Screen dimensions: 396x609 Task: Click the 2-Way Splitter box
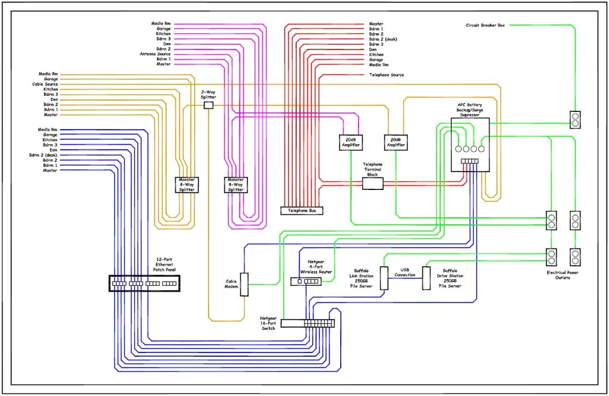pyautogui.click(x=208, y=105)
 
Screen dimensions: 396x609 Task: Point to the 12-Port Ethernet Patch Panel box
pyautogui.click(x=145, y=283)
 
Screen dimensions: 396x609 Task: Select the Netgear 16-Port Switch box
pyautogui.click(x=308, y=323)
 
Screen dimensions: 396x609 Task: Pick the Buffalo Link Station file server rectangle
pyautogui.click(x=384, y=278)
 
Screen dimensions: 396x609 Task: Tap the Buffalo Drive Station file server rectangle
pyautogui.click(x=426, y=278)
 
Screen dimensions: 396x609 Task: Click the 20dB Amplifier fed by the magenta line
pyautogui.click(x=350, y=142)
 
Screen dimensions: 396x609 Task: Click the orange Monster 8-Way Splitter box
pyautogui.click(x=187, y=185)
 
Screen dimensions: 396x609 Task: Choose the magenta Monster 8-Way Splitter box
pyautogui.click(x=236, y=185)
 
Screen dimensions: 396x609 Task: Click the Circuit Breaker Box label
pyautogui.click(x=486, y=25)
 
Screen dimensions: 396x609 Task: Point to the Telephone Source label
pyautogui.click(x=387, y=75)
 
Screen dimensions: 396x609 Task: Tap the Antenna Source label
pyautogui.click(x=155, y=54)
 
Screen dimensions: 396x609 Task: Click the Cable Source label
pyautogui.click(x=45, y=85)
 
